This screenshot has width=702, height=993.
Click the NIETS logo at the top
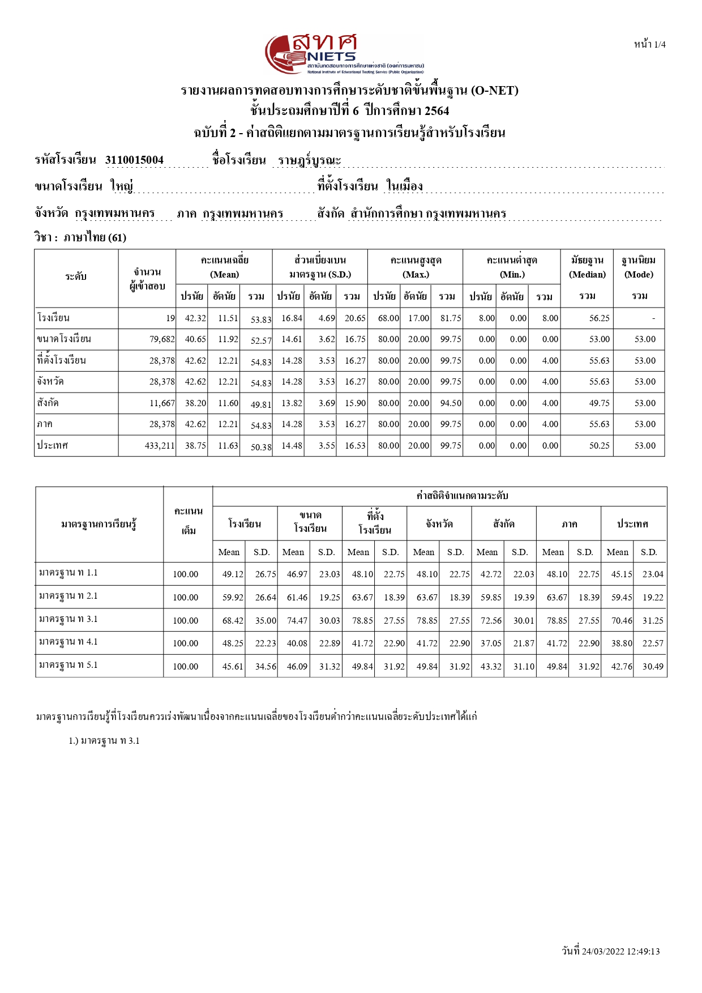pyautogui.click(x=344, y=54)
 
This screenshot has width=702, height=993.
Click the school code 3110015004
pyautogui.click(x=134, y=160)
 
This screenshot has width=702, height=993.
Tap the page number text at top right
pyautogui.click(x=649, y=45)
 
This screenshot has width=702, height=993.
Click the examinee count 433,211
pyautogui.click(x=160, y=446)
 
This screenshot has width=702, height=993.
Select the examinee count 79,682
pyautogui.click(x=162, y=339)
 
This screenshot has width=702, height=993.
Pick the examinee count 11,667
pyautogui.click(x=162, y=403)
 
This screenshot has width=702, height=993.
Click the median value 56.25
pyautogui.click(x=599, y=318)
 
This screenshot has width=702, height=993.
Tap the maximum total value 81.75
pyautogui.click(x=451, y=318)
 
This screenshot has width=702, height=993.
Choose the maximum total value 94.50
pyautogui.click(x=451, y=403)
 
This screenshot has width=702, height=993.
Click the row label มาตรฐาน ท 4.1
pyautogui.click(x=69, y=642)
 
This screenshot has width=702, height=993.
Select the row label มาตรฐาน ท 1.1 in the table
pyautogui.click(x=69, y=573)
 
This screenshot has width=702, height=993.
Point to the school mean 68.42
pyautogui.click(x=233, y=621)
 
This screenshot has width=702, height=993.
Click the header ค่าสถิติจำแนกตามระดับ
pyautogui.click(x=462, y=496)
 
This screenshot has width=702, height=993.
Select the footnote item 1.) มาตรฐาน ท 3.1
pyautogui.click(x=104, y=741)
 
